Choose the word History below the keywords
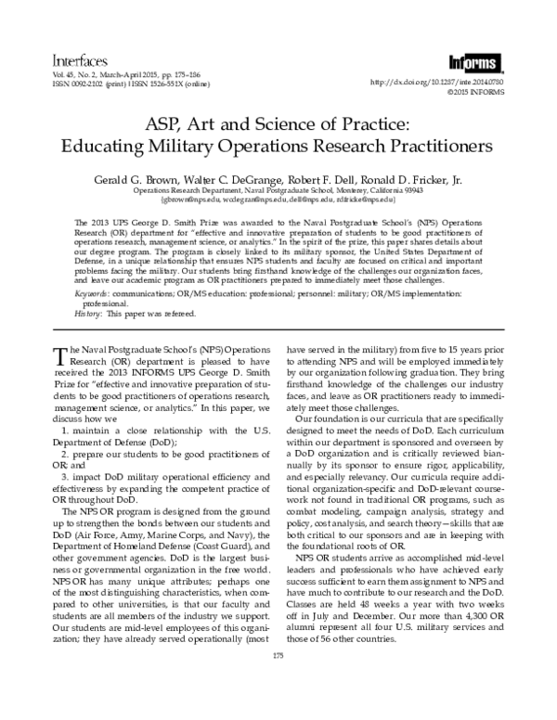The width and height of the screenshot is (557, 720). (87, 314)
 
